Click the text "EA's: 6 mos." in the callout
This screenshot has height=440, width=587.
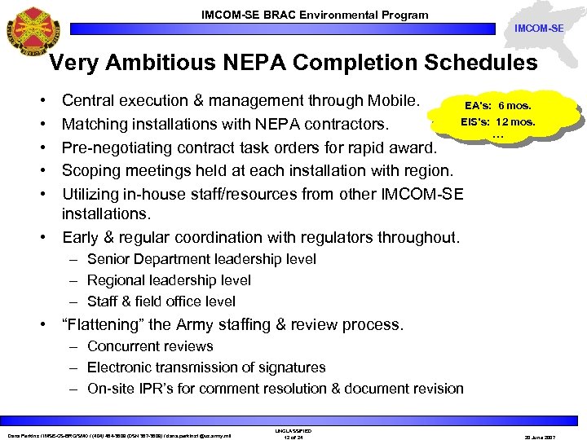[497, 106]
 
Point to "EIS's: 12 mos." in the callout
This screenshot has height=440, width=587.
[497, 122]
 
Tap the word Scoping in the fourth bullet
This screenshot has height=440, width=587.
[91, 171]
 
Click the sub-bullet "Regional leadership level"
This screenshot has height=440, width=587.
[169, 280]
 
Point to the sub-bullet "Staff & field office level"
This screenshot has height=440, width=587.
[161, 301]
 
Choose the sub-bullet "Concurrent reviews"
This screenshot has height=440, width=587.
[150, 346]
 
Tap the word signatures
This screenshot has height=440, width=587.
[293, 367]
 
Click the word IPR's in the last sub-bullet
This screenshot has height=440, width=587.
[164, 389]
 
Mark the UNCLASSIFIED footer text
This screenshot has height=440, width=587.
[293, 430]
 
